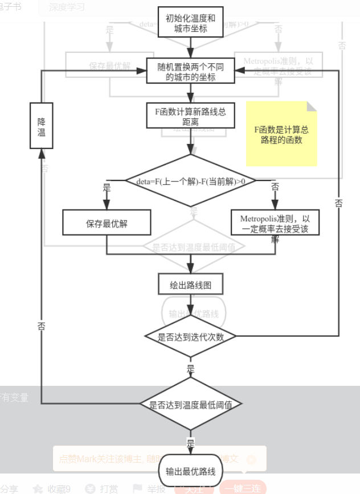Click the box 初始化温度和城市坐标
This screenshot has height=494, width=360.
(x=190, y=22)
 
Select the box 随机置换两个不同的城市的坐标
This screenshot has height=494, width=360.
(x=190, y=71)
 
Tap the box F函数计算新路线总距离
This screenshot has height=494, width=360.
(x=190, y=116)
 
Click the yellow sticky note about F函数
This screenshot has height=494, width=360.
(x=281, y=134)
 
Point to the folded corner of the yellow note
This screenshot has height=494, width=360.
(x=312, y=106)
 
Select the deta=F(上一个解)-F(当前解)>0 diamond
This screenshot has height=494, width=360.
(x=190, y=181)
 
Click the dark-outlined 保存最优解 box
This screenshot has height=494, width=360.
(x=107, y=223)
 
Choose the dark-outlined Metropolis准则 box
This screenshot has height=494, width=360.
(x=275, y=223)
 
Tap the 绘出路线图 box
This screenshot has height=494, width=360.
(x=190, y=285)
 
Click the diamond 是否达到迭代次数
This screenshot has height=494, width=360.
(x=190, y=336)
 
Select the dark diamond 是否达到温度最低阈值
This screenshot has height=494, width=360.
(x=190, y=405)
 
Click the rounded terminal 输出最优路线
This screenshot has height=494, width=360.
(x=190, y=471)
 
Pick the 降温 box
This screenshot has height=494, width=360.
(x=41, y=126)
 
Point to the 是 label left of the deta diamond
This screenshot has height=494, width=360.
(x=107, y=187)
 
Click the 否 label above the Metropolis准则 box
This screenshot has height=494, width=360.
(x=276, y=187)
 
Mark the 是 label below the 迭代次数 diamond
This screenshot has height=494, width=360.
(x=190, y=369)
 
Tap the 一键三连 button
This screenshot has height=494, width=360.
(x=243, y=488)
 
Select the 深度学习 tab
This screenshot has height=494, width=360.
(x=67, y=7)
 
